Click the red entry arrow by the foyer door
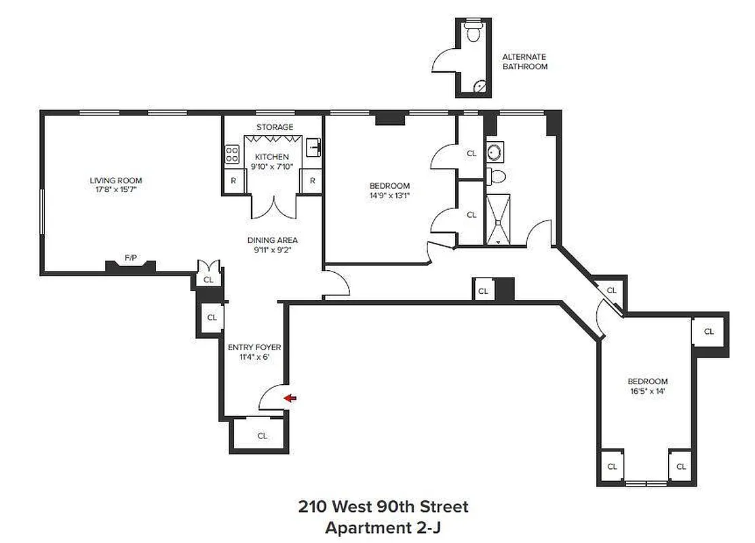pyautogui.click(x=290, y=398)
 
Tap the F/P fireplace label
pyautogui.click(x=130, y=258)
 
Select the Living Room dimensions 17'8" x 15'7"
pyautogui.click(x=116, y=189)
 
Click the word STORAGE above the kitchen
pyautogui.click(x=275, y=127)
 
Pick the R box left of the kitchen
pyautogui.click(x=233, y=181)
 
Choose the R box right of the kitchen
pyautogui.click(x=312, y=181)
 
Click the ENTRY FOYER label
pyautogui.click(x=254, y=348)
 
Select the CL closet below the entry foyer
pyautogui.click(x=262, y=436)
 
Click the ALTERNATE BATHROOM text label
pyautogui.click(x=524, y=62)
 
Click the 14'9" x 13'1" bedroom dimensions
pyautogui.click(x=389, y=195)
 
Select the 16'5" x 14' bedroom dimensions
pyautogui.click(x=647, y=391)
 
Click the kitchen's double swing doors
pyautogui.click(x=273, y=206)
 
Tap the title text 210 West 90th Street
pyautogui.click(x=383, y=506)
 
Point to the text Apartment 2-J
pyautogui.click(x=383, y=527)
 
